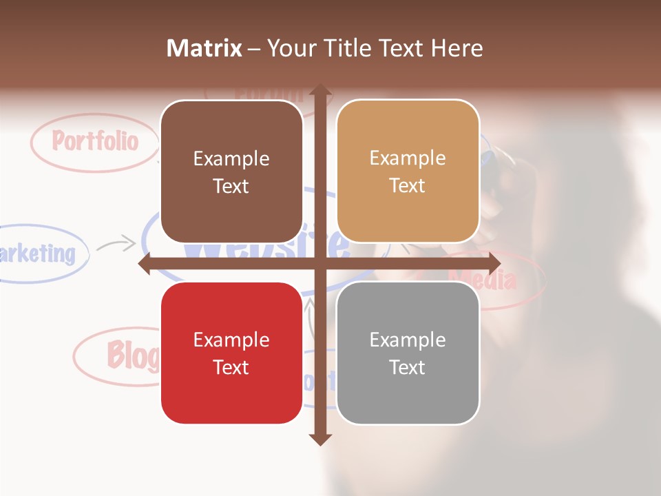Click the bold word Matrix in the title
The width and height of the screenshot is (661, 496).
pyautogui.click(x=204, y=48)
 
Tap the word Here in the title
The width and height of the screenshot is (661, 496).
pyautogui.click(x=457, y=48)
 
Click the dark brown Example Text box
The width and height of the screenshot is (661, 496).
pyautogui.click(x=231, y=172)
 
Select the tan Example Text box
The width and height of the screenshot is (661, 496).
pyautogui.click(x=408, y=172)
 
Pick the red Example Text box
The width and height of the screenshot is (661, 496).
pyautogui.click(x=231, y=353)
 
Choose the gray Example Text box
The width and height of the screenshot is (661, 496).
pyautogui.click(x=408, y=353)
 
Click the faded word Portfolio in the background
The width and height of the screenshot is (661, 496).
pyautogui.click(x=96, y=141)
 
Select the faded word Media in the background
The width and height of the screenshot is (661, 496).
pyautogui.click(x=482, y=280)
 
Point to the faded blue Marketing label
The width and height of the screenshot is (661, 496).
pyautogui.click(x=38, y=254)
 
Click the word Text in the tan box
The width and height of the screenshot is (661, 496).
pyautogui.click(x=408, y=185)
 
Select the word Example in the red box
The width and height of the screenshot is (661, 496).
pyautogui.click(x=231, y=340)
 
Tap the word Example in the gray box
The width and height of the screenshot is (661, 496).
pyautogui.click(x=408, y=340)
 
